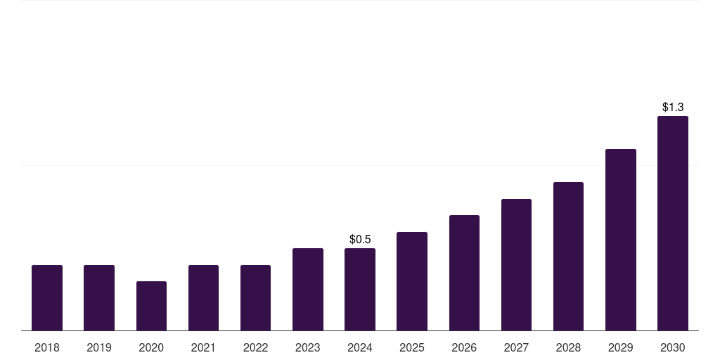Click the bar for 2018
click(x=47, y=297)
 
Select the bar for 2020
click(x=151, y=306)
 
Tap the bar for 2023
click(x=308, y=289)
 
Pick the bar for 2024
click(x=360, y=289)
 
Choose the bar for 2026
click(x=464, y=273)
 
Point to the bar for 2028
click(x=568, y=256)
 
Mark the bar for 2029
click(x=620, y=240)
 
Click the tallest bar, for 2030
click(x=673, y=223)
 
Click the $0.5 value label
click(x=360, y=240)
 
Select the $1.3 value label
click(x=673, y=108)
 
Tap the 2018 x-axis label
click(x=47, y=347)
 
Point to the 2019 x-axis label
click(x=99, y=347)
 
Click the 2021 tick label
click(x=203, y=347)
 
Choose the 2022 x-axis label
click(x=255, y=347)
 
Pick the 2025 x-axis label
click(x=412, y=347)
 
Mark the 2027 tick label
click(x=516, y=347)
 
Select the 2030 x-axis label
click(x=673, y=347)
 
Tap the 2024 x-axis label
click(x=360, y=347)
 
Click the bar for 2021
click(x=203, y=297)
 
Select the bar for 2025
click(x=412, y=281)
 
